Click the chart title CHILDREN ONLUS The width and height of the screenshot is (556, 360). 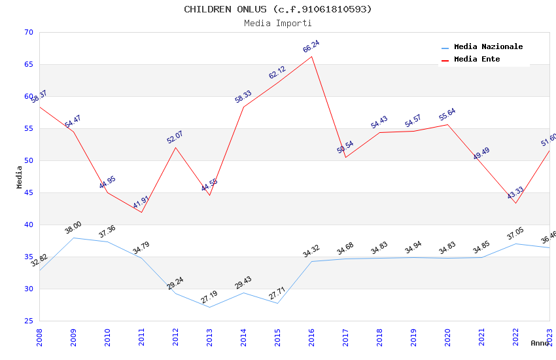click(x=277, y=9)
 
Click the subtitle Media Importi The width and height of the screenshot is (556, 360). click(x=277, y=23)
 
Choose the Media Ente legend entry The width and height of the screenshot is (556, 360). click(x=477, y=59)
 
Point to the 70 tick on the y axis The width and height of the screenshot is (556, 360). click(x=28, y=32)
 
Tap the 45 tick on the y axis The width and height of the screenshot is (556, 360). click(x=28, y=192)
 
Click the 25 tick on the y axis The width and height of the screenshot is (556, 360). click(x=28, y=321)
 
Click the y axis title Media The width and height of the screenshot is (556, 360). click(x=20, y=177)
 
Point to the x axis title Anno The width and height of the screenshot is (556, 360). click(x=540, y=343)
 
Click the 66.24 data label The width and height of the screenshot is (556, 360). click(x=311, y=46)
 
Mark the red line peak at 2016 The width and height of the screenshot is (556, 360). click(x=311, y=56)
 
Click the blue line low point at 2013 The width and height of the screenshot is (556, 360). click(x=209, y=307)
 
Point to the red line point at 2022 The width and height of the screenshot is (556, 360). click(x=515, y=203)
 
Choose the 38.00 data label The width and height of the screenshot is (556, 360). click(x=73, y=228)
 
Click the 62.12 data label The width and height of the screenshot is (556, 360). click(x=277, y=73)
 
